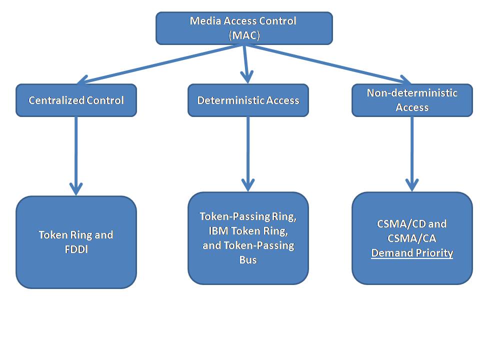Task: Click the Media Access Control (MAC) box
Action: click(244, 28)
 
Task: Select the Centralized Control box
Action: click(76, 100)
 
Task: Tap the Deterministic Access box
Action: click(248, 100)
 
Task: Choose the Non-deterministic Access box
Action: click(412, 100)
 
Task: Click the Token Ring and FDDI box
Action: click(76, 242)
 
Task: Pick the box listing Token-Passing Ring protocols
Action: click(248, 238)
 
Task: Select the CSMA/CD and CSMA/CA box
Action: click(412, 238)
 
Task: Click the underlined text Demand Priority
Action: click(412, 253)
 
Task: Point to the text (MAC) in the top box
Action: click(243, 35)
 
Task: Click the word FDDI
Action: click(76, 249)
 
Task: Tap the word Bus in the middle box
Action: click(247, 260)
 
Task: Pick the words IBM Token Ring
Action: click(247, 231)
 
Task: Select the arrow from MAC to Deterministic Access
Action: click(245, 62)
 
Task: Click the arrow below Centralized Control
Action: click(76, 155)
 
